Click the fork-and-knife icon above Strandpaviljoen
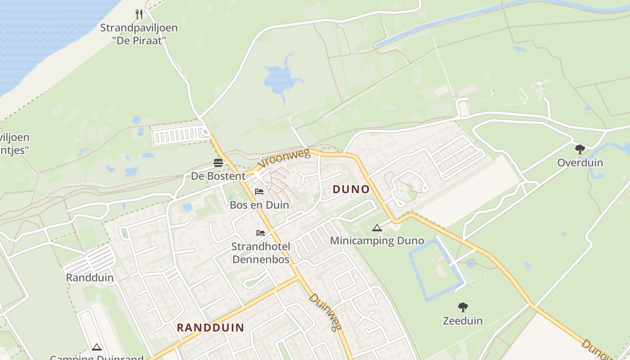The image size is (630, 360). [x=139, y=14]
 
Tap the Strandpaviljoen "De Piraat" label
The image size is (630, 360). [x=139, y=34]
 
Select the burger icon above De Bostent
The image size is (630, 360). [x=218, y=163]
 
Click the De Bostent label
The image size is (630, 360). [x=218, y=176]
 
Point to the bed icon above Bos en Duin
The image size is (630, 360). [x=259, y=192]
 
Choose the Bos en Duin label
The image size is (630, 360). [x=259, y=205]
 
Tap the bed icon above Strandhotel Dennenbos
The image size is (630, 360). [x=261, y=233]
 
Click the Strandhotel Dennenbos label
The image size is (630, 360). [x=261, y=252]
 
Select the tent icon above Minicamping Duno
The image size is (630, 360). [x=377, y=228]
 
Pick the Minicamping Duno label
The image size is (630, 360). [x=377, y=241]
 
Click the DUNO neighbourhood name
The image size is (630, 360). [x=351, y=189]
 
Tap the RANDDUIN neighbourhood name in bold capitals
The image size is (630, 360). [x=211, y=328]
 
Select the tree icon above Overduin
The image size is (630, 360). [x=580, y=149]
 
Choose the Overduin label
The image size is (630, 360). [x=580, y=162]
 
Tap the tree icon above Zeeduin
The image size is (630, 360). [x=463, y=308]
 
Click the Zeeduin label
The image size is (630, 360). [x=463, y=321]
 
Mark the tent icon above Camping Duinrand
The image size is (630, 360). [x=96, y=347]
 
